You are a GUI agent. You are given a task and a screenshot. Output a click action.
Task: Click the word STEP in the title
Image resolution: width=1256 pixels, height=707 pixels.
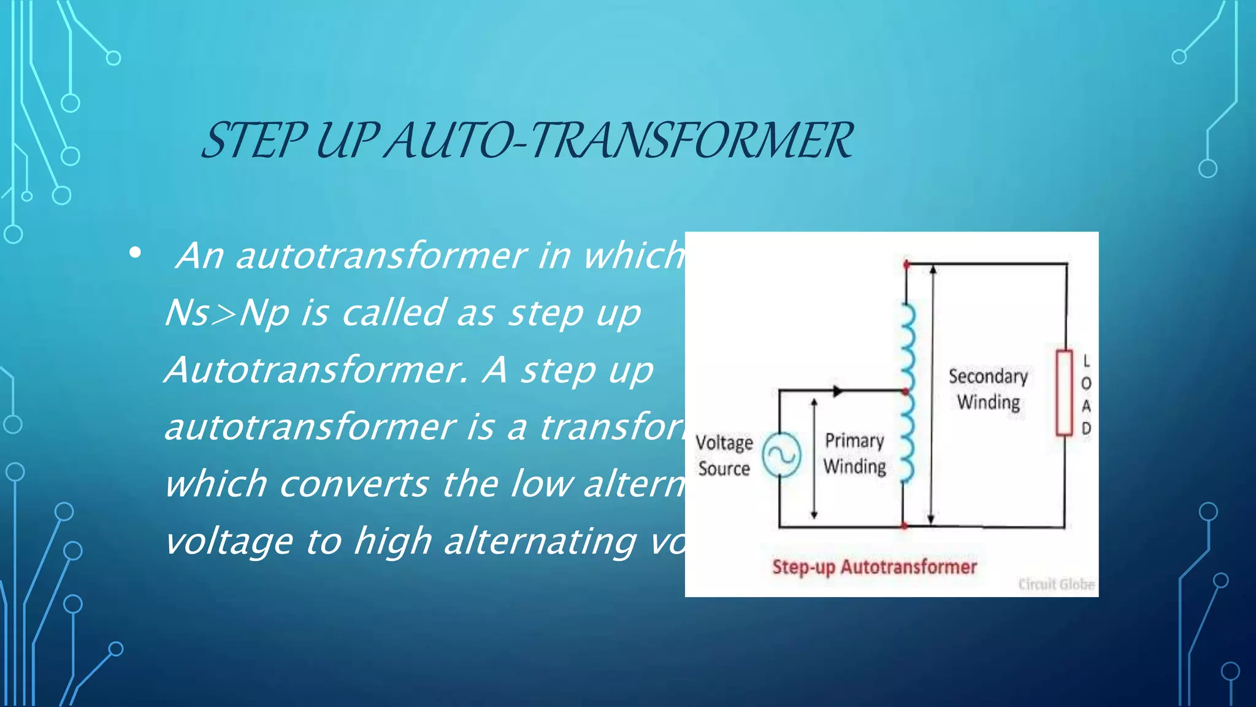coord(253,141)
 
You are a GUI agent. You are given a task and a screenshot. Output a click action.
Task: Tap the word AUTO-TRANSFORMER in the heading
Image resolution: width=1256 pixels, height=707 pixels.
coord(619,141)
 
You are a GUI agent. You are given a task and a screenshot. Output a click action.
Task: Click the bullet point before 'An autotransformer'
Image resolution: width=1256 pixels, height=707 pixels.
coord(136,253)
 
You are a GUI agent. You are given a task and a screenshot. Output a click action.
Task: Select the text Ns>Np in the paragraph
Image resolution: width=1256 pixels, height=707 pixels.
coord(227,313)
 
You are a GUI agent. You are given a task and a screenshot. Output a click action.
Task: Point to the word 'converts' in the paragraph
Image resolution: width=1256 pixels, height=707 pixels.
coord(354,484)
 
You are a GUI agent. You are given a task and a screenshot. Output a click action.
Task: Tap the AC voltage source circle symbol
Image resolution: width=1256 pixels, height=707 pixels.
coord(781,455)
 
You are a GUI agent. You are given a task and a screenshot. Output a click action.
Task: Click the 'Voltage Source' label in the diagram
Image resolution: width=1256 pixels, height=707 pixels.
coord(724,455)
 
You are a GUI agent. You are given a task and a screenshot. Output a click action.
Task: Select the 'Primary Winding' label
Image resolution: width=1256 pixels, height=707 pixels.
coord(854,454)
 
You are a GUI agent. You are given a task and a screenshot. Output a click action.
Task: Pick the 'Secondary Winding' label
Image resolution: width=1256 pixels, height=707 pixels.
coord(988,389)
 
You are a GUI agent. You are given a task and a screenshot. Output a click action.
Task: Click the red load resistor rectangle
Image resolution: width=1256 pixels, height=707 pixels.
coord(1064,393)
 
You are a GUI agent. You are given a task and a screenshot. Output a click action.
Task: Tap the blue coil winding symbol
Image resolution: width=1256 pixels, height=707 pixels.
coord(906,393)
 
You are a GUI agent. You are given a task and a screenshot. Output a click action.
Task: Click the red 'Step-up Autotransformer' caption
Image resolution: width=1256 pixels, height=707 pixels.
coord(874,566)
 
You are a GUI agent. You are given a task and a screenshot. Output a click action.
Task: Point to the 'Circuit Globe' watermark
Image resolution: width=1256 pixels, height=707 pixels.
coord(1056,584)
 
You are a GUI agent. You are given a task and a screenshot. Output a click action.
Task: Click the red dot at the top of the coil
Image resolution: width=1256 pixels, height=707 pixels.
coord(906,265)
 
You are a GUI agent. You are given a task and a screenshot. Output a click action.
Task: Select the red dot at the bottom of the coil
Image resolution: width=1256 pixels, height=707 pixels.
coord(904,526)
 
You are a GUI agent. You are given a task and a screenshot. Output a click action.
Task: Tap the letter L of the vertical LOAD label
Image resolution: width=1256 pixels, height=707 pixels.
coord(1086,361)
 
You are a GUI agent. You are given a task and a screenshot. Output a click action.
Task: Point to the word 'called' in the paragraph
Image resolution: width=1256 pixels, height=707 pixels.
coord(392,313)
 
